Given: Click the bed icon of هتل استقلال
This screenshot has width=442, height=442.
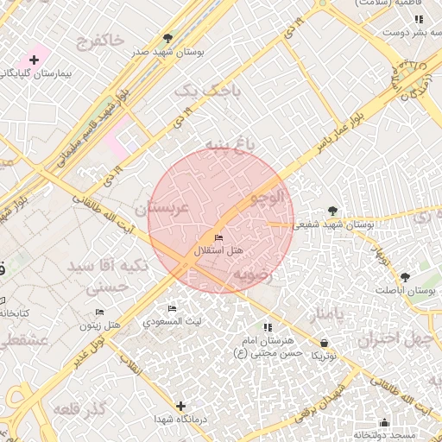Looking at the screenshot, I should pos(218,237).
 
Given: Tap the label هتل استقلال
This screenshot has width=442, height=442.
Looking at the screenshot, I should pos(218,250).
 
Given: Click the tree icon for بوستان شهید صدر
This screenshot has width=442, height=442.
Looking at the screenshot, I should pos(168,38).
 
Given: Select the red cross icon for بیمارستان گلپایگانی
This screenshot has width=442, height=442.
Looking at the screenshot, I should pos(34,59).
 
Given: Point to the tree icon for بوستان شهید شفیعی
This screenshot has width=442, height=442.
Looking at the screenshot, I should pos(333,210).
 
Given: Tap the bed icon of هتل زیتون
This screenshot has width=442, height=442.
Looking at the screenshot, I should pos(99,312).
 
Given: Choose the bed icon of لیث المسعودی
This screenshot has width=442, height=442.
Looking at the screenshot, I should pos(172,308).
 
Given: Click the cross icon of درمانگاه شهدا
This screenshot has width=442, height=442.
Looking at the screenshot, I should pos(180,406).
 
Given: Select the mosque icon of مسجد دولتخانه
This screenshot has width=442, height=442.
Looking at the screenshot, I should pos(384,422).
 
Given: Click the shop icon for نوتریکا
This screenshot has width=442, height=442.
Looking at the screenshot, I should pos(323,343).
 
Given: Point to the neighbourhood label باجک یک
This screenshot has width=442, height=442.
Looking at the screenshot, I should pos(198,90).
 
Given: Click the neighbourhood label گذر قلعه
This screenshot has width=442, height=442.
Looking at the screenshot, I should pos(79,407).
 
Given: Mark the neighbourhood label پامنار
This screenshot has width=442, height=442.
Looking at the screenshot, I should pos(327,312).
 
